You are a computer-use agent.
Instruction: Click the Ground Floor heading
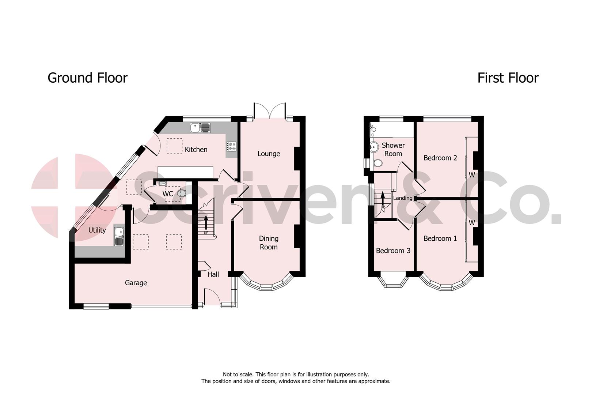87,78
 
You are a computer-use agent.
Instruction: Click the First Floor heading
508,78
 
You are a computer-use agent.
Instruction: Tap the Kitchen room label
196,150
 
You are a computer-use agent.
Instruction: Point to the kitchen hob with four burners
232,146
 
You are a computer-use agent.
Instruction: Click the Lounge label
269,154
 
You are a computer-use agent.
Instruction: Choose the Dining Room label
269,243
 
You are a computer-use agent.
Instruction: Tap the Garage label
136,283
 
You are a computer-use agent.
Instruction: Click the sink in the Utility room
119,237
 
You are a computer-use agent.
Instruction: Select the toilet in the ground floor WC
181,193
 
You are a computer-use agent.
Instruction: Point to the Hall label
213,274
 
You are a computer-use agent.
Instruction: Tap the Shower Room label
393,150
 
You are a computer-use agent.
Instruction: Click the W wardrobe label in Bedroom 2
472,175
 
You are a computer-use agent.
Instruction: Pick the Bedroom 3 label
393,251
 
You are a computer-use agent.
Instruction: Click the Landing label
402,198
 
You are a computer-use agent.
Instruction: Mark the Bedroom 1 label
440,239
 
